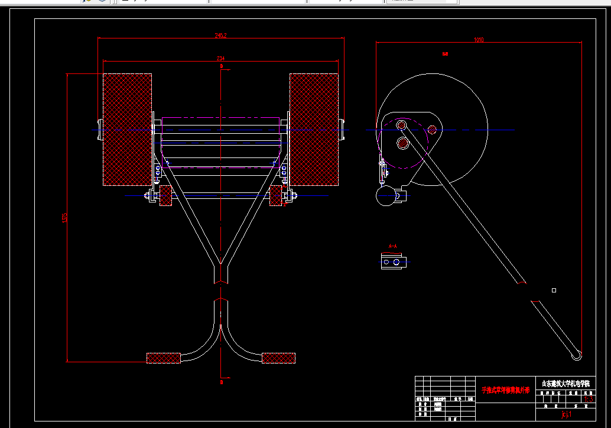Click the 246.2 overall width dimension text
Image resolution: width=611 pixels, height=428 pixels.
coord(221,36)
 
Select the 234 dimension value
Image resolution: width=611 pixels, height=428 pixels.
coord(221,58)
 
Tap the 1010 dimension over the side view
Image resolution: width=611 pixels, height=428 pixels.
coord(479,40)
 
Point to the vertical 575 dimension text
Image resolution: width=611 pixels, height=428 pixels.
coord(64,218)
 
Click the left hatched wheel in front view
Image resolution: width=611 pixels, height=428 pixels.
coord(127,129)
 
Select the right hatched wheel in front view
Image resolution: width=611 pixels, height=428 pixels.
coord(314,129)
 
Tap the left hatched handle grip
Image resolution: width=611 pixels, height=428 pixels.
coord(163,358)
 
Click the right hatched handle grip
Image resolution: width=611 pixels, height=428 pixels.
coord(278,358)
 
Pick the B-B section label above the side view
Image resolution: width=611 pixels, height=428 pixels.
coord(445,54)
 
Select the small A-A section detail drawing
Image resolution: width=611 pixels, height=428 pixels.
coord(394,261)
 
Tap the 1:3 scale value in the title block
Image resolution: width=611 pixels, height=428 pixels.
coord(588,399)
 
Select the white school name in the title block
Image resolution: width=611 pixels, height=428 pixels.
coord(565,383)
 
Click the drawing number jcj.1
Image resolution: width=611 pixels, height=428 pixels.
coord(565,414)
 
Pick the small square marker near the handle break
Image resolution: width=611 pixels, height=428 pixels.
coord(554,290)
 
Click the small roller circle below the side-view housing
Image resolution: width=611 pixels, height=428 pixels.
coord(386,198)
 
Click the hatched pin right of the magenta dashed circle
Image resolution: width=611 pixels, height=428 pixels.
coord(433,128)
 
